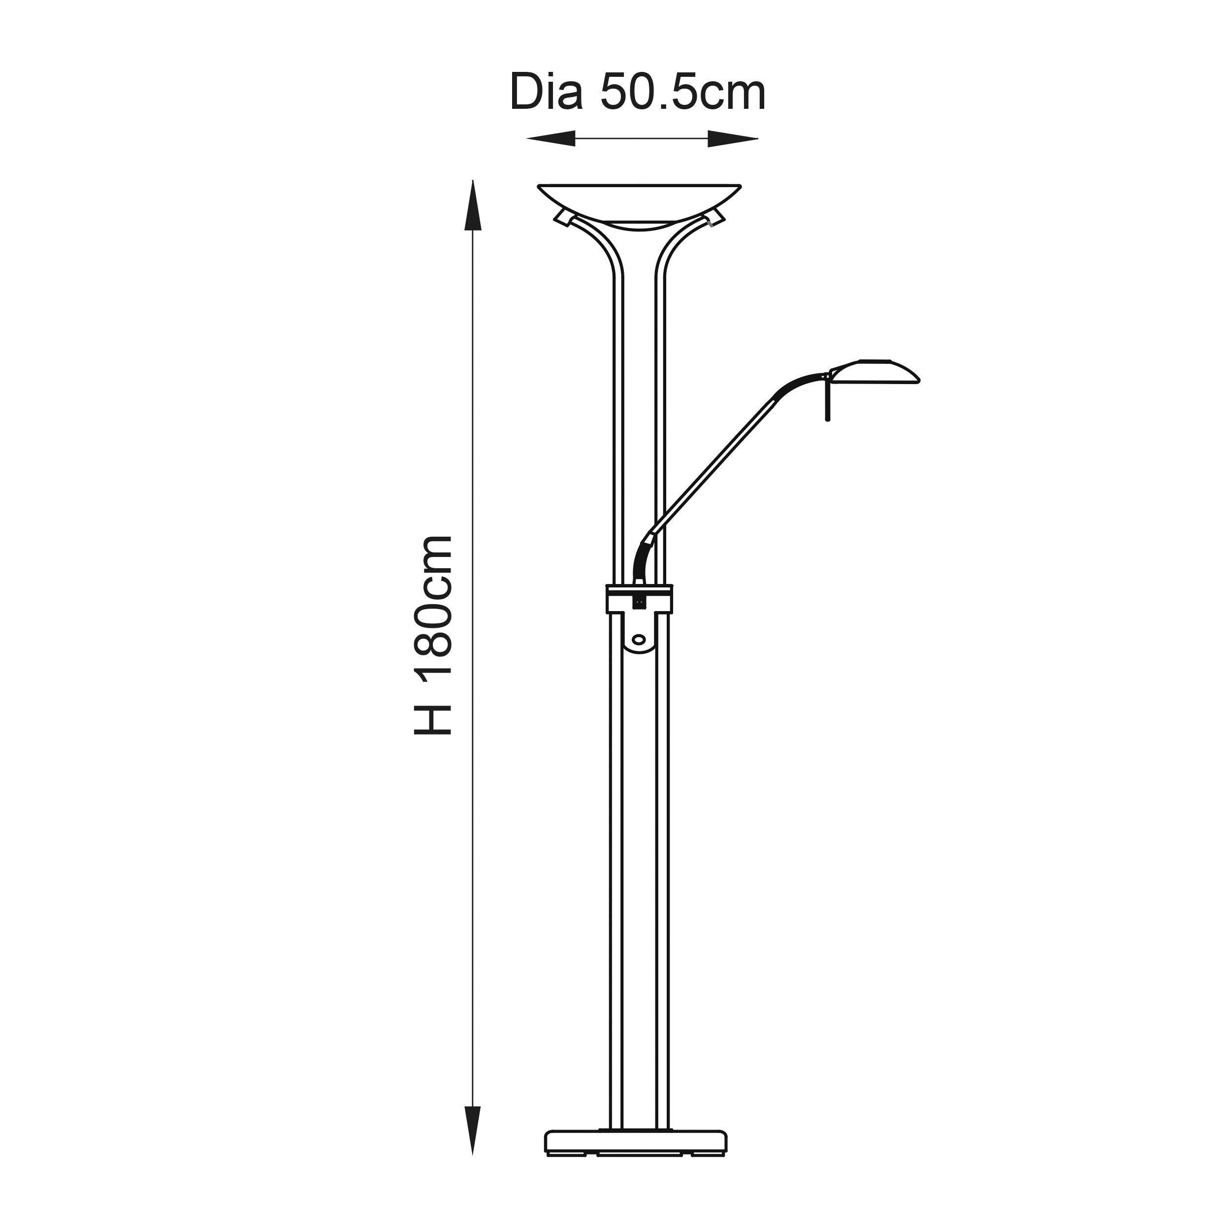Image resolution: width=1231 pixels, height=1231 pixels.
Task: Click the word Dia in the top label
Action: pyautogui.click(x=546, y=93)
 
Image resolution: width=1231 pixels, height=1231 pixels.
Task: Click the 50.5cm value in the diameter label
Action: pyautogui.click(x=682, y=93)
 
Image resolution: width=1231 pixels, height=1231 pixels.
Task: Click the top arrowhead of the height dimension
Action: pyautogui.click(x=472, y=204)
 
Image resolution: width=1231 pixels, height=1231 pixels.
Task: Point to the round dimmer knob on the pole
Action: pyautogui.click(x=639, y=639)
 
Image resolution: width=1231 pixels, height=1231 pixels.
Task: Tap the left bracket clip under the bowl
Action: pyautogui.click(x=563, y=218)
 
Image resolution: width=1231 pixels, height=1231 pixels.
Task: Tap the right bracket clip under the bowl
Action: pyautogui.click(x=715, y=218)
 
